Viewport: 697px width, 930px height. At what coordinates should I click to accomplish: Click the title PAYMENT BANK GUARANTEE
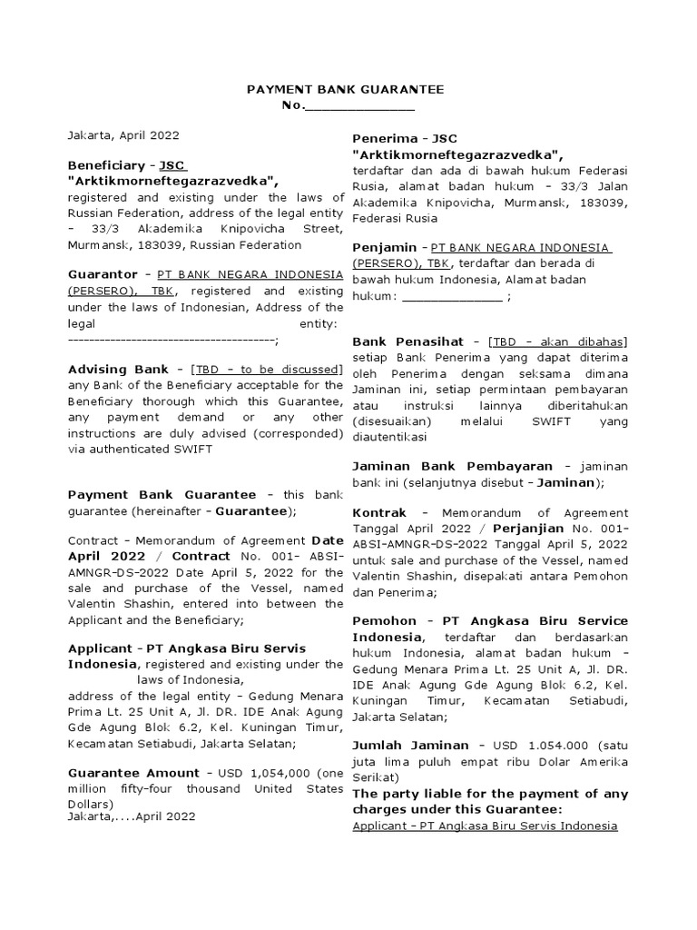coord(346,89)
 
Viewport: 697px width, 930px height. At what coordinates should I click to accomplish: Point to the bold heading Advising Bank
coord(118,369)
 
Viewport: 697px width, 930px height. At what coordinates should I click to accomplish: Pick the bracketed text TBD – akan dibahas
coord(557,341)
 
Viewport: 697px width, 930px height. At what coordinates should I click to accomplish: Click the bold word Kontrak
coord(378,512)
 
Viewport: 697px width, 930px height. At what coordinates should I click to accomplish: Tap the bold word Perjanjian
coord(530,528)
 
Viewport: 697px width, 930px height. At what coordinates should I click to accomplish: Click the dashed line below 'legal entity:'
coord(171,340)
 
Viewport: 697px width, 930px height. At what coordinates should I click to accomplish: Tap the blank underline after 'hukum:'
coord(451,296)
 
